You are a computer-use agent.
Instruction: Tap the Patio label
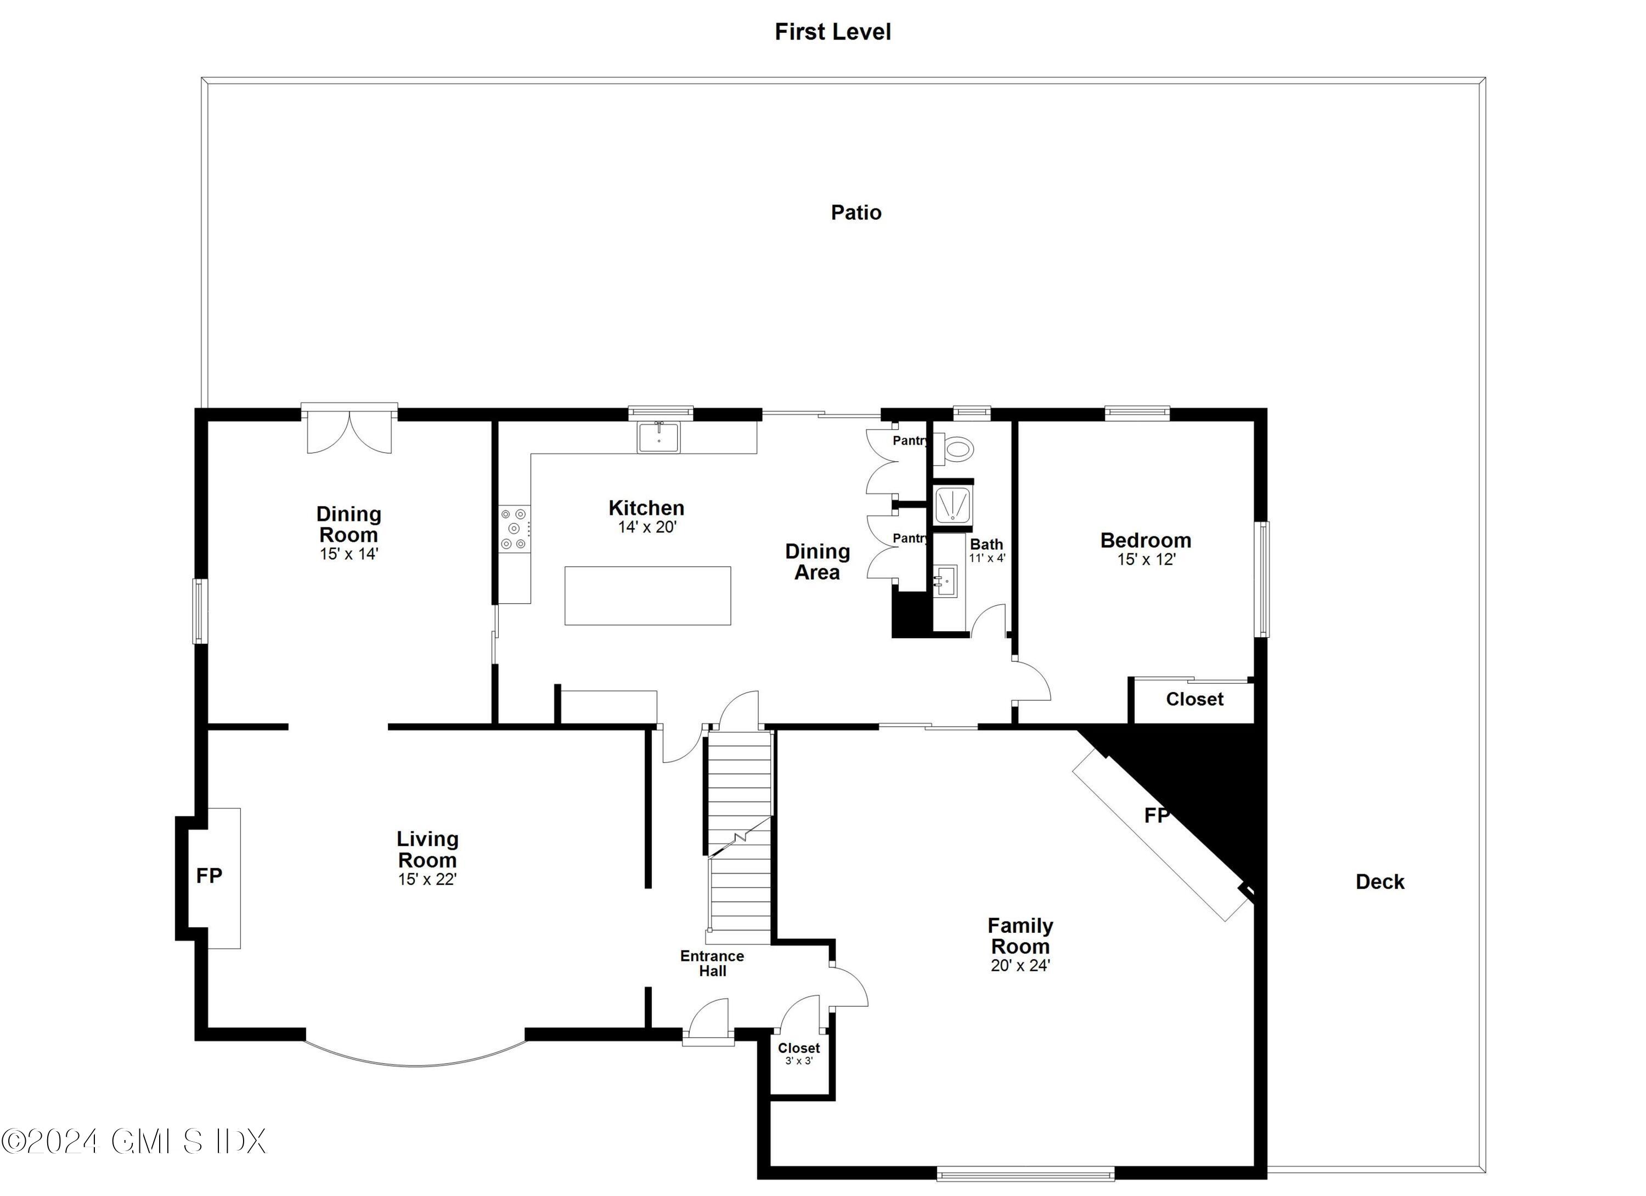856,213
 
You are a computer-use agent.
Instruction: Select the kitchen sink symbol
658,438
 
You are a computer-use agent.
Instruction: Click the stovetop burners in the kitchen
514,529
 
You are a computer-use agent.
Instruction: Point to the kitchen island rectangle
647,596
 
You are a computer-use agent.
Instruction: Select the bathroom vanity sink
946,581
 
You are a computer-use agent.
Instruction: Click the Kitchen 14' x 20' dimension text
647,528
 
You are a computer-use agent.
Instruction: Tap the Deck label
1380,882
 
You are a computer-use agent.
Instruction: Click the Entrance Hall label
712,963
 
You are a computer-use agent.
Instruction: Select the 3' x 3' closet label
798,1061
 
